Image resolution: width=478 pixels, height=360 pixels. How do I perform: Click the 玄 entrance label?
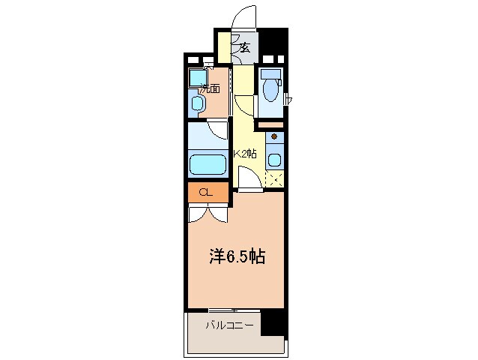pos(244,47)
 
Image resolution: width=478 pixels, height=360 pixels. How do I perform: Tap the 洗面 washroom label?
pos(210,88)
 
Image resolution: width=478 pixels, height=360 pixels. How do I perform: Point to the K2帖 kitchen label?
pos(246,154)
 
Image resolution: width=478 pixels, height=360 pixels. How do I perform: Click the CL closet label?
pos(205,192)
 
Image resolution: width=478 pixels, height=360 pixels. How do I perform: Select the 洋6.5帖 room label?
pos(235,256)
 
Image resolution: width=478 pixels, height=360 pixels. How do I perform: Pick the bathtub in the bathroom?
pos(208,164)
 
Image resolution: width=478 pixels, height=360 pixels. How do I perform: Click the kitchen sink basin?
pos(273,159)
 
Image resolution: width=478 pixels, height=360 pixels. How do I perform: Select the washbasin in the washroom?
pos(198,103)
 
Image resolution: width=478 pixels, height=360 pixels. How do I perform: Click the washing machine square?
pos(198,77)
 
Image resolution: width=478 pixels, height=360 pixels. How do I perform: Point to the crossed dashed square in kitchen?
pos(274,178)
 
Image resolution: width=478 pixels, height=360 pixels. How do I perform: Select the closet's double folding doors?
pos(208,213)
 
